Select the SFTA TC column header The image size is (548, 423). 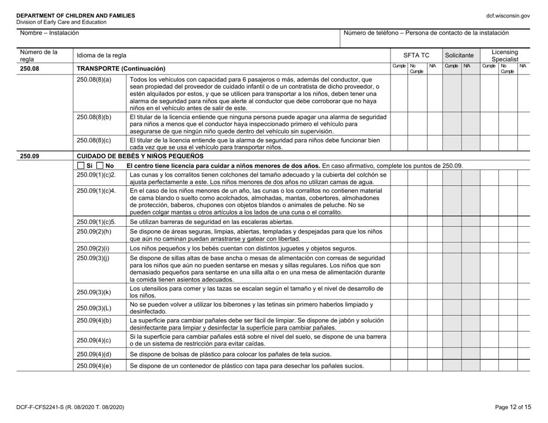[414, 55]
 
